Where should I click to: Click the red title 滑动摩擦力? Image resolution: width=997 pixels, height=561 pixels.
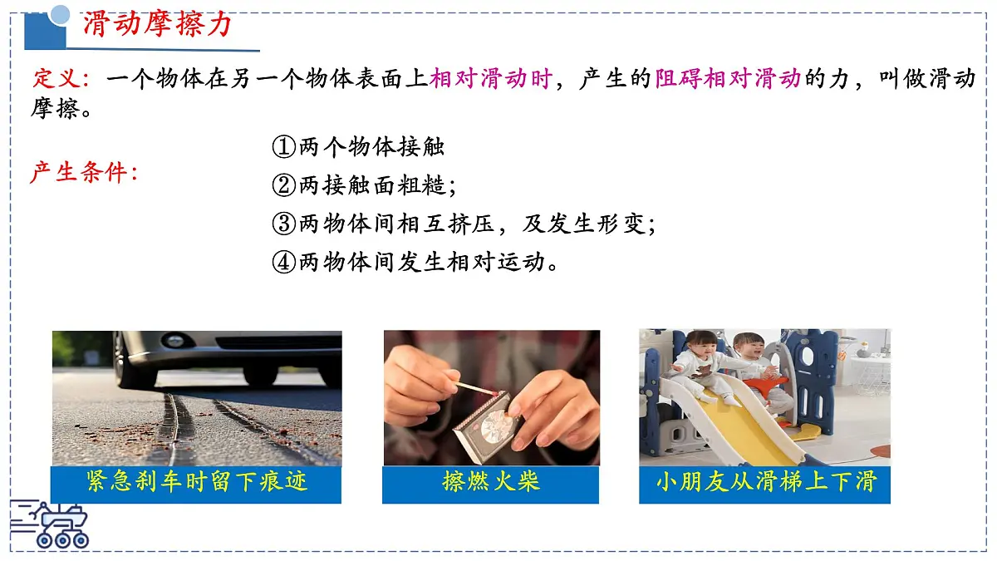pyautogui.click(x=157, y=24)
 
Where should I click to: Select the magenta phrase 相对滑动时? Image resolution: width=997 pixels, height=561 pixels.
pyautogui.click(x=491, y=78)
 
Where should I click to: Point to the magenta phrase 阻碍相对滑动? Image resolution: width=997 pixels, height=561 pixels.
pyautogui.click(x=728, y=78)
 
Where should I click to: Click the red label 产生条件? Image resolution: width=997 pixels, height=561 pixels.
pyautogui.click(x=79, y=172)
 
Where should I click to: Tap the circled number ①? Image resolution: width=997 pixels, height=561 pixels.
pyautogui.click(x=283, y=146)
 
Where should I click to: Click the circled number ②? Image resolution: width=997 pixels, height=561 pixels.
pyautogui.click(x=283, y=185)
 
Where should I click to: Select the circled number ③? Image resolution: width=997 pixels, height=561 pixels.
pyautogui.click(x=283, y=224)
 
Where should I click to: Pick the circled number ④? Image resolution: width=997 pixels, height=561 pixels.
pyautogui.click(x=283, y=262)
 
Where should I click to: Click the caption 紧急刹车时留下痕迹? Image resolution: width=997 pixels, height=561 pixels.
pyautogui.click(x=196, y=481)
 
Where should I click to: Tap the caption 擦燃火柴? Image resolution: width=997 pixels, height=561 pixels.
pyautogui.click(x=490, y=481)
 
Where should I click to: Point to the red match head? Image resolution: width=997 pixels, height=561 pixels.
pyautogui.click(x=494, y=393)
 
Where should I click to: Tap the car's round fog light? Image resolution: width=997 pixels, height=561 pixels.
pyautogui.click(x=174, y=342)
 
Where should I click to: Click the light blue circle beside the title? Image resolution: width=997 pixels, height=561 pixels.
pyautogui.click(x=60, y=14)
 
